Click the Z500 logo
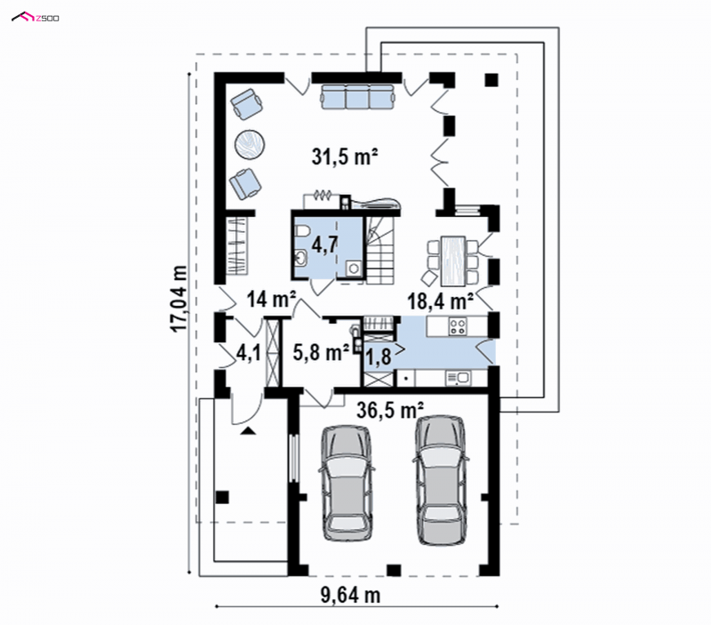(x=35, y=18)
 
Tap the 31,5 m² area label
(x=345, y=156)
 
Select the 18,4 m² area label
(x=441, y=300)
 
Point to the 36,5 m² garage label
(x=390, y=411)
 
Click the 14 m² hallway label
(x=271, y=300)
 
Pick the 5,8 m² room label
(x=321, y=352)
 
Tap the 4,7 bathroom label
(x=324, y=244)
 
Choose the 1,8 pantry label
(x=379, y=357)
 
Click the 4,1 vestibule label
(x=249, y=353)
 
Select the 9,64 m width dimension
(x=350, y=595)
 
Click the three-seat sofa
(x=357, y=96)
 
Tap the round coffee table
(x=250, y=144)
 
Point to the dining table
(x=453, y=260)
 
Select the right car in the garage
(x=440, y=479)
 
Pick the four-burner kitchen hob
(x=458, y=326)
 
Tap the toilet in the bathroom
(x=301, y=232)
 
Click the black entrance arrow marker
(x=248, y=430)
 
